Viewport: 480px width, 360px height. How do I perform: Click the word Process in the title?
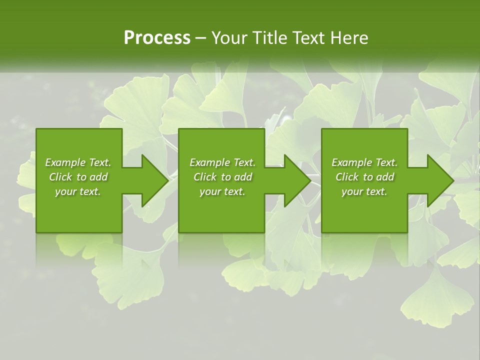157,38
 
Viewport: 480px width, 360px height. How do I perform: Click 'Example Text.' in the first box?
78,162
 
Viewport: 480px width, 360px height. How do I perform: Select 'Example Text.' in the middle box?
222,162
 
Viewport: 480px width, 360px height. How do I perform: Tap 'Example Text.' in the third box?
364,162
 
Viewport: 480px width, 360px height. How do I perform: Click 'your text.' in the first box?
78,191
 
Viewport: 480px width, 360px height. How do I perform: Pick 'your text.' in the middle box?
222,191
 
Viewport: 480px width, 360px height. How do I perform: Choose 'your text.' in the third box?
364,191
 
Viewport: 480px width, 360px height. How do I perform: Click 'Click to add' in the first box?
78,177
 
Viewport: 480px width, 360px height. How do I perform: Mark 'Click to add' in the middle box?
222,177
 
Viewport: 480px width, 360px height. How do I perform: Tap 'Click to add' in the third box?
364,177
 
